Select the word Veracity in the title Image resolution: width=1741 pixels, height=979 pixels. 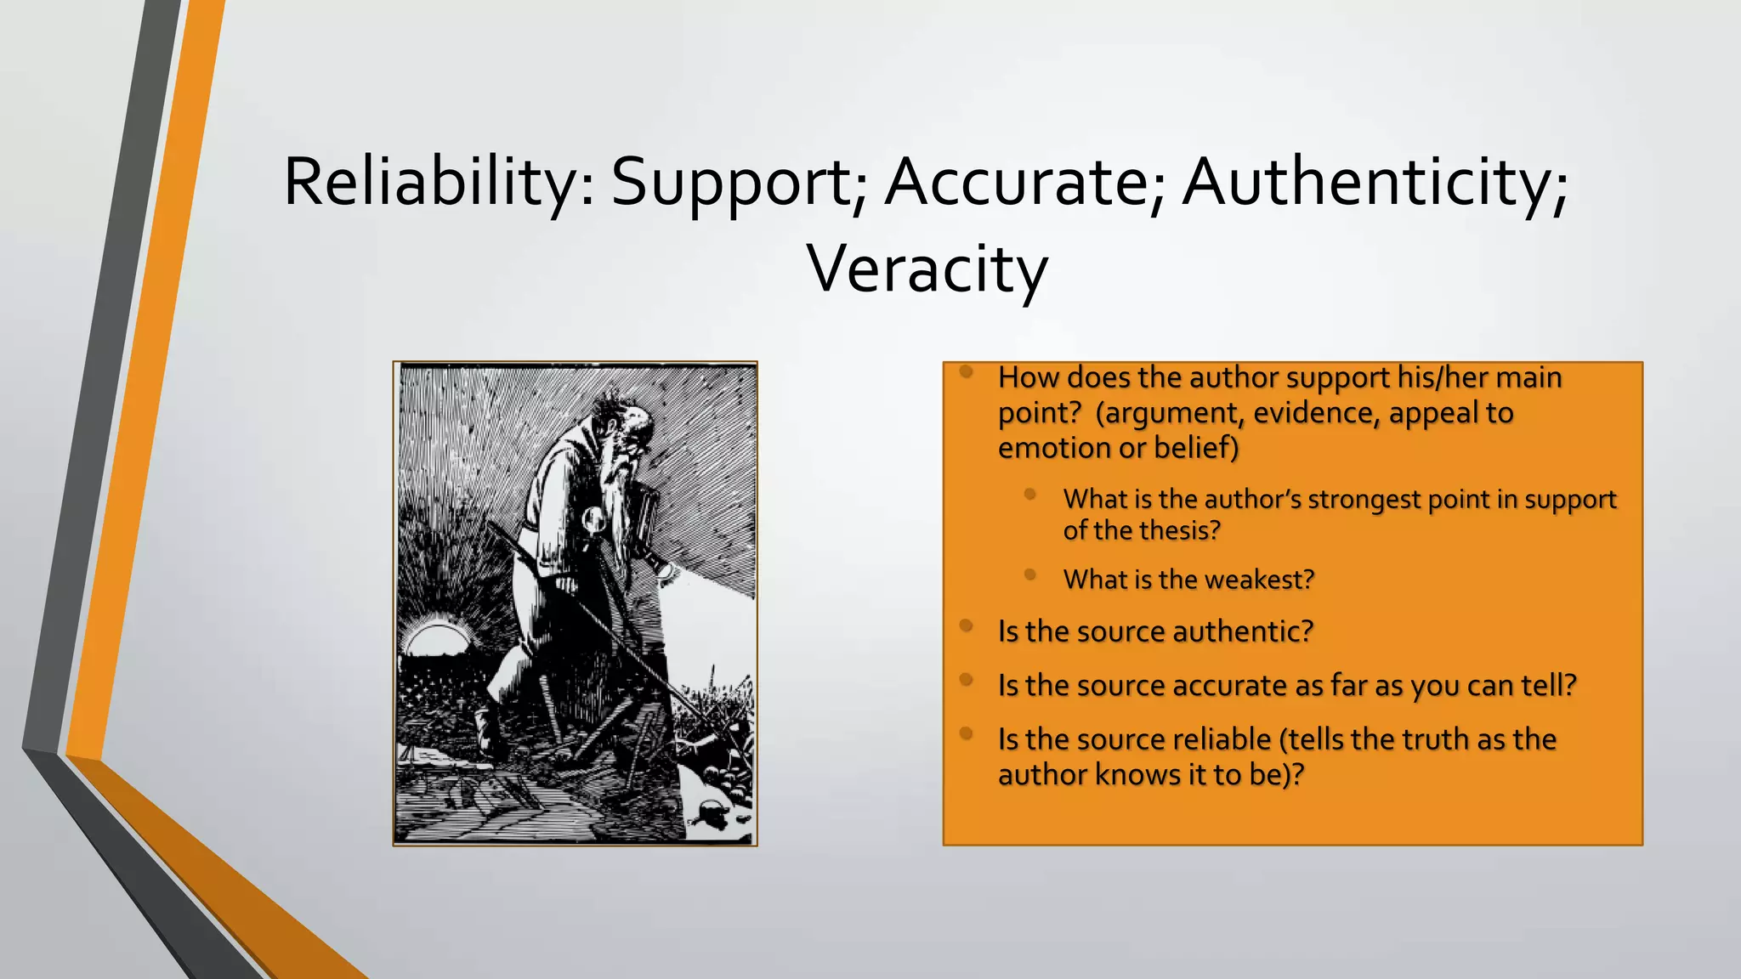pyautogui.click(x=927, y=269)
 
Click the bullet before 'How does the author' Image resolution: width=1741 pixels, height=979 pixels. pyautogui.click(x=966, y=371)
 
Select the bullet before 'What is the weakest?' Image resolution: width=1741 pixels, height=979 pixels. pyautogui.click(x=1030, y=575)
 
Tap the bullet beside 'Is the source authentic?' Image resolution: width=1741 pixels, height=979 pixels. pyautogui.click(x=966, y=626)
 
